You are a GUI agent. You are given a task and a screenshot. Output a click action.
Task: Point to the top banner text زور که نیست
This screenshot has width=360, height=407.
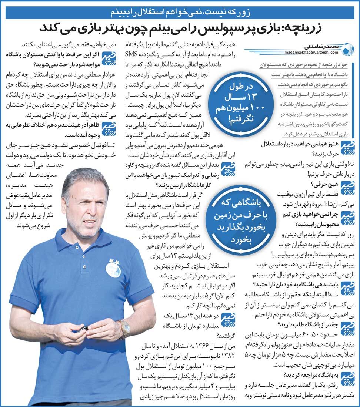pyautogui.click(x=180, y=12)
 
